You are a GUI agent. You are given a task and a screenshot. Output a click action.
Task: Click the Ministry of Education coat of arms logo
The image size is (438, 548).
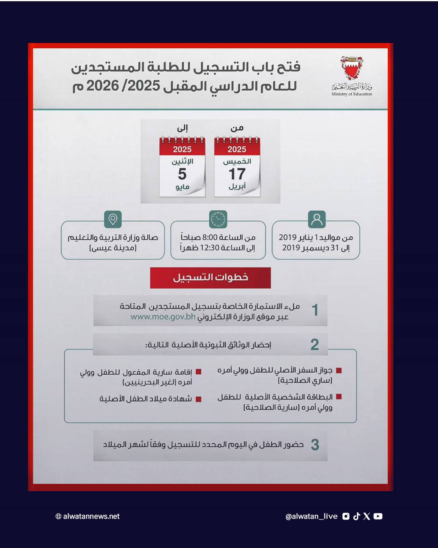351,68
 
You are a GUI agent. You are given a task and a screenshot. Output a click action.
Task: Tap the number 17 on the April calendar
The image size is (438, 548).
237,174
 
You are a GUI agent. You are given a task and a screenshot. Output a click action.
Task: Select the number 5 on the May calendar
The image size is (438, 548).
182,174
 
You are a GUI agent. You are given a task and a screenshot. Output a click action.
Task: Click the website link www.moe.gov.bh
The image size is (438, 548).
163,317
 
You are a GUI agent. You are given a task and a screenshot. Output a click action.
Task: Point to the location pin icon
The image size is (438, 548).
113,219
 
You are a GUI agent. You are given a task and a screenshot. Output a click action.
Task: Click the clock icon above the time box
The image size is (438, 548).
218,219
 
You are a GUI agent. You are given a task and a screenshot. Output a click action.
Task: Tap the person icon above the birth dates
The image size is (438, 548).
317,219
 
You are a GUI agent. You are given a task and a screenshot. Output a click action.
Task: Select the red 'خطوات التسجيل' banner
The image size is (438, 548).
210,278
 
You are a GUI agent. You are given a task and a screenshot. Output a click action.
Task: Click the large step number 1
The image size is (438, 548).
315,310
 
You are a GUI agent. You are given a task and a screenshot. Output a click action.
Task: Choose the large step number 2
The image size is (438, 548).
315,345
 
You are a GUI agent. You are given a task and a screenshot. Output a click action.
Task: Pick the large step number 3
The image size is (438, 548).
315,445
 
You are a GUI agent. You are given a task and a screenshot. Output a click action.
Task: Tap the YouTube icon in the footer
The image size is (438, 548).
378,516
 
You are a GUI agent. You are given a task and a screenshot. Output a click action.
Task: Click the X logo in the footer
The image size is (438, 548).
367,516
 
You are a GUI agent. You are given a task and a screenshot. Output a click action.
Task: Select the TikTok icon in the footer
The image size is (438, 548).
356,516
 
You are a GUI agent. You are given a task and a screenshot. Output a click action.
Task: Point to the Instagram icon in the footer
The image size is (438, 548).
346,516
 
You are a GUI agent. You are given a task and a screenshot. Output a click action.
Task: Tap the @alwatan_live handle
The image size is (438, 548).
311,516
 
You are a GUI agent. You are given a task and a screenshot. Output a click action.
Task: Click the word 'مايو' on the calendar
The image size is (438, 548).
182,187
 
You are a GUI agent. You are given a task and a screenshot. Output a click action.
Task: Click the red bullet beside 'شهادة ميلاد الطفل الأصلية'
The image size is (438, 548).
198,399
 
